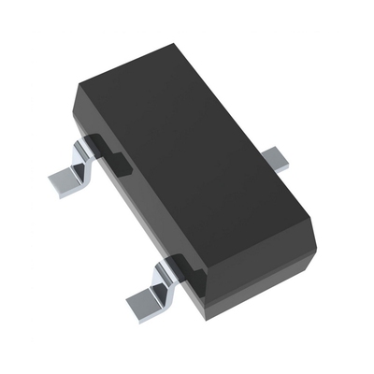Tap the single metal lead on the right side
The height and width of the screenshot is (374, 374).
[x=275, y=154]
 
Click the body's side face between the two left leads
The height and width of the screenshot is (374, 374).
[x=140, y=210]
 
